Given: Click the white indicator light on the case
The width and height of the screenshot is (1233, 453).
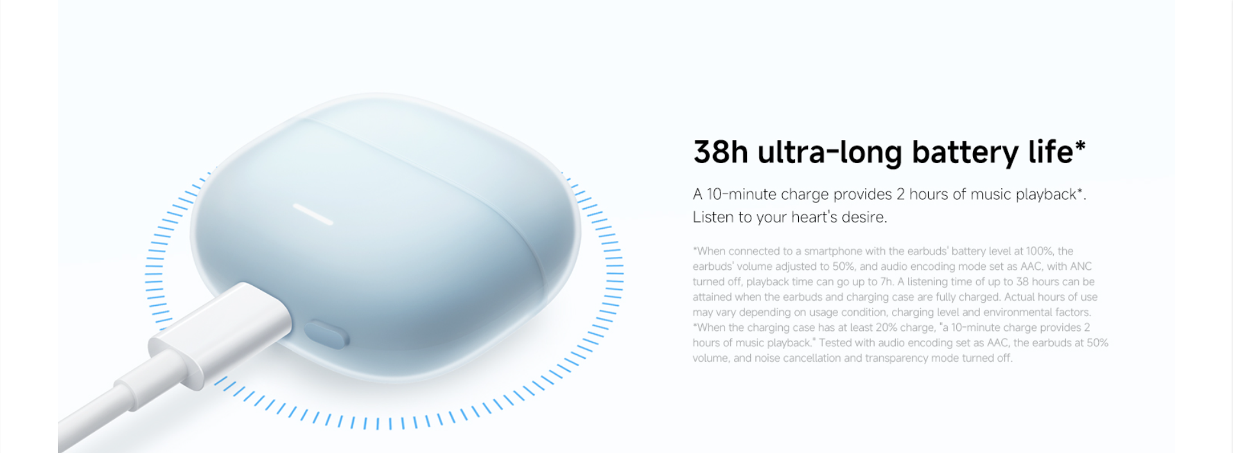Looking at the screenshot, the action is pos(313,215).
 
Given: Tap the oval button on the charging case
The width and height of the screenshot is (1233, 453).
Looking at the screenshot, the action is pos(327,335).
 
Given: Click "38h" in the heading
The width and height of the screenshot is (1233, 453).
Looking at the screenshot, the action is pos(721,152).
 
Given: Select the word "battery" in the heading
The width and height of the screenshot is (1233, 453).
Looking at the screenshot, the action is pos(965,153).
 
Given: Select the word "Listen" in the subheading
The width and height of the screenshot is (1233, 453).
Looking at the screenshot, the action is pos(713,217).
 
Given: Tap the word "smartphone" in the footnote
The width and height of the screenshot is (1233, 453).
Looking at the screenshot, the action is pos(833,251).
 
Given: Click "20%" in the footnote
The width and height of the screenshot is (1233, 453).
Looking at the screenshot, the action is pos(886,328).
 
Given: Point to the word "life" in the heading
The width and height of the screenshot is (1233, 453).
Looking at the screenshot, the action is pos(1049,152).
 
